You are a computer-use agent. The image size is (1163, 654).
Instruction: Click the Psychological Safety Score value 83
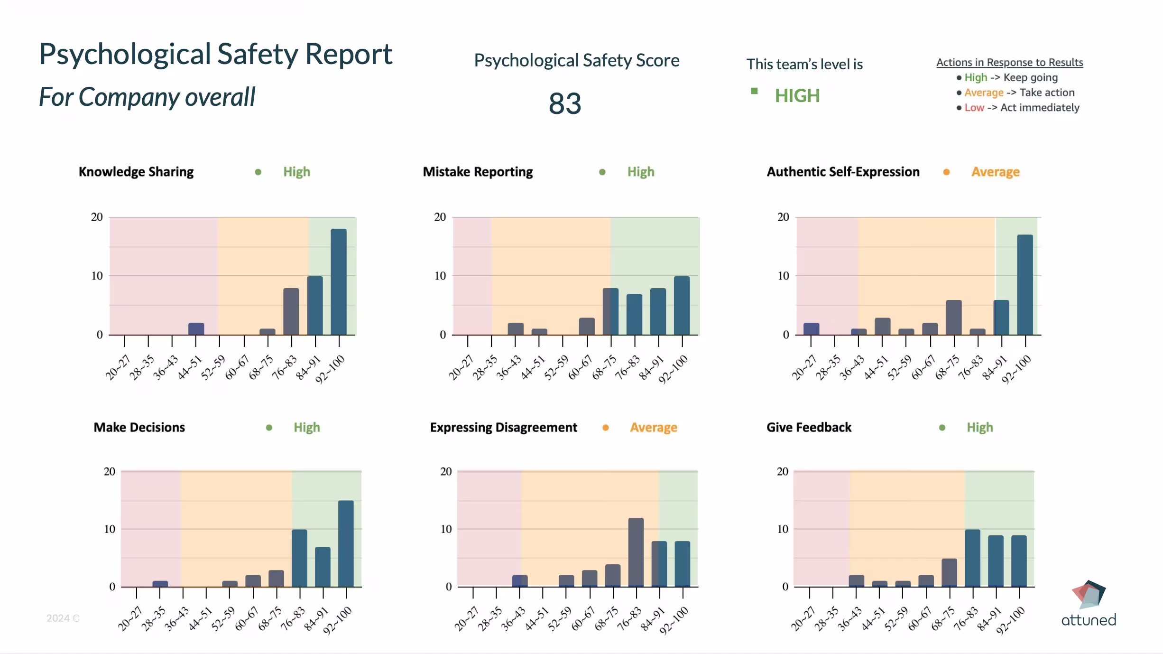(564, 103)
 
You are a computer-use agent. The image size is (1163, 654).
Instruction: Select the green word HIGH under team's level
(797, 96)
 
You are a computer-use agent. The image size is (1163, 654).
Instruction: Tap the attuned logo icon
(1089, 594)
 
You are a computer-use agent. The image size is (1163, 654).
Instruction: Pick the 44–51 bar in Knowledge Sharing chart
(196, 329)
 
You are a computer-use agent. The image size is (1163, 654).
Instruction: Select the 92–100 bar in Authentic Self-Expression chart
(1025, 285)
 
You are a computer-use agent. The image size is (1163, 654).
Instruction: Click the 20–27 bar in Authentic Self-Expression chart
(811, 329)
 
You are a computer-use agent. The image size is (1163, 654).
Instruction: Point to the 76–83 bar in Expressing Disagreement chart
(636, 552)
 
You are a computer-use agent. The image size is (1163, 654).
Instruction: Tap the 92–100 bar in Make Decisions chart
(346, 543)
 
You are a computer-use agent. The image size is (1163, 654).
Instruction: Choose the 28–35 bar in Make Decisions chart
(160, 584)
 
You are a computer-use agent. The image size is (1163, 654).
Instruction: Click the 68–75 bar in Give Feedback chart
(949, 572)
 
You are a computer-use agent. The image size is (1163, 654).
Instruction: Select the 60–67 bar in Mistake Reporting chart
(587, 327)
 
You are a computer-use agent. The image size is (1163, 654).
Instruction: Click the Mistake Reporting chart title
(478, 172)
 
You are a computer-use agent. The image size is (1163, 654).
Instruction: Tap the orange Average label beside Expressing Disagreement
(653, 428)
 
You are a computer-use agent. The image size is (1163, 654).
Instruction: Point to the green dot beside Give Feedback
(942, 428)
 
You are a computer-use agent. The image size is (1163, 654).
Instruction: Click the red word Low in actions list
(974, 108)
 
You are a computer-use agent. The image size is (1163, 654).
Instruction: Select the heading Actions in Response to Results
(1009, 62)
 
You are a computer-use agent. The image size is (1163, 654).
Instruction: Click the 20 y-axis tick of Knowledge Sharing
(97, 217)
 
